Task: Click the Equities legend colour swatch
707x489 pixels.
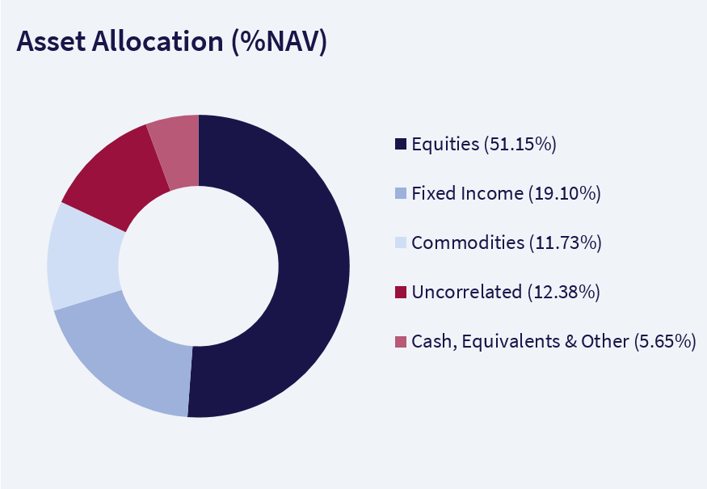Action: click(401, 144)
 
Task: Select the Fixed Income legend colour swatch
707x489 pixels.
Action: click(401, 193)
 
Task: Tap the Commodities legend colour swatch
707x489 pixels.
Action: click(401, 242)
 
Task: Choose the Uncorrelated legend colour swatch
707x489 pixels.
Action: click(401, 292)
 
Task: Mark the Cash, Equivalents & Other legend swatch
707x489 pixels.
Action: click(401, 341)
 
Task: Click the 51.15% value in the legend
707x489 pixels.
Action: click(520, 145)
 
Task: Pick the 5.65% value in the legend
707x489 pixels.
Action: click(665, 341)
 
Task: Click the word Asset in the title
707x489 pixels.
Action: click(51, 41)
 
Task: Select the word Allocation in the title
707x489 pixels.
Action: click(158, 41)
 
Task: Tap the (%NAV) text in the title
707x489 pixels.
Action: click(279, 42)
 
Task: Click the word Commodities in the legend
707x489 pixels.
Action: click(468, 242)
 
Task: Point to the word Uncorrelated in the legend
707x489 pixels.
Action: click(467, 292)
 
